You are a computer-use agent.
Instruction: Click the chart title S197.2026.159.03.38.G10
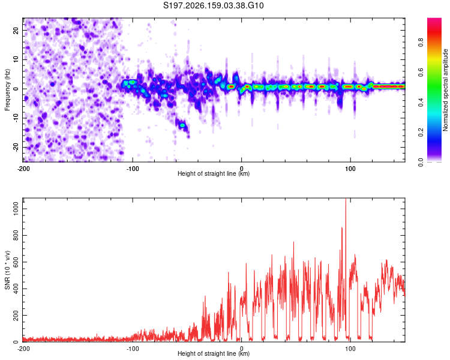click(213, 5)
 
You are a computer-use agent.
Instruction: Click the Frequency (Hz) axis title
click(7, 90)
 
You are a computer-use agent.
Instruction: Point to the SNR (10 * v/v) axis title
click(7, 270)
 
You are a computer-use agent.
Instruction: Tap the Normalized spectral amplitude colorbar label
click(445, 90)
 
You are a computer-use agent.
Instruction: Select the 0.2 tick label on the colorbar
click(421, 133)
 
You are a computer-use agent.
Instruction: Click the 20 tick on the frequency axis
click(16, 31)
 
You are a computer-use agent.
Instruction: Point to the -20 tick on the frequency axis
click(16, 148)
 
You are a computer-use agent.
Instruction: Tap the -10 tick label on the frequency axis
click(16, 118)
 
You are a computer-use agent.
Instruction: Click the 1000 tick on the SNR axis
click(16, 209)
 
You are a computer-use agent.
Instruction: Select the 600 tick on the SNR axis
click(16, 262)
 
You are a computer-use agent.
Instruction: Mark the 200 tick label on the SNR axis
click(16, 315)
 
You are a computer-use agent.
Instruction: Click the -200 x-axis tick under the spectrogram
click(23, 169)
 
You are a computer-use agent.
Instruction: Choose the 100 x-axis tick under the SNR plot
click(350, 349)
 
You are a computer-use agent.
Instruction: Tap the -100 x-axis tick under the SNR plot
click(133, 349)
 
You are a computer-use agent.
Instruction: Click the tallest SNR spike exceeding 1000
click(346, 199)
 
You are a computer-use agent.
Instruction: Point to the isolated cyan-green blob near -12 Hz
click(182, 125)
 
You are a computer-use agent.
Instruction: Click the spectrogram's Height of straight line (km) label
click(214, 173)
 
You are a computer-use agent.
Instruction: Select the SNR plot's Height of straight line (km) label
click(214, 353)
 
